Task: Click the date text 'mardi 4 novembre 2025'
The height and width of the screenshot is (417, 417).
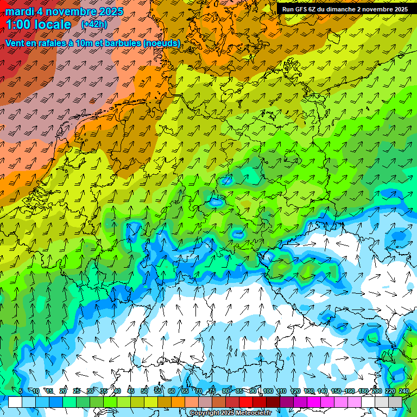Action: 64,11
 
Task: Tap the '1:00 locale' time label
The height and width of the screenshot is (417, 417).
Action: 38,24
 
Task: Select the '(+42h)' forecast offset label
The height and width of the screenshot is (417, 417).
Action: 93,24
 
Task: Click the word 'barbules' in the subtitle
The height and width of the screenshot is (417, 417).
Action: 121,42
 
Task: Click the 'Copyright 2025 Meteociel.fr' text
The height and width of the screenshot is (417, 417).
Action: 230,413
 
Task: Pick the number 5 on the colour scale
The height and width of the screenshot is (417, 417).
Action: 21,391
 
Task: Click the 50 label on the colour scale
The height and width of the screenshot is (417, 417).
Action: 144,391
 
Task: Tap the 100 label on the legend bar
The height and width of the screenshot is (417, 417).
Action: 268,391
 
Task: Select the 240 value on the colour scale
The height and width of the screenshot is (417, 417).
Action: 403,391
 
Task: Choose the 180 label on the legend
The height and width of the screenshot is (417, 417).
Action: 363,391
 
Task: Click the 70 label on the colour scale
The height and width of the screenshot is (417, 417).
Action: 199,391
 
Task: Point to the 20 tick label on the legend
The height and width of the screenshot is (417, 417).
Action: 63,391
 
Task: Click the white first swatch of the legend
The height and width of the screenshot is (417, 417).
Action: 15,402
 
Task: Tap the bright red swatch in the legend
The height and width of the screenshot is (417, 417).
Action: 246,402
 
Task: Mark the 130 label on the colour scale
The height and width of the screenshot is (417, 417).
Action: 309,391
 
